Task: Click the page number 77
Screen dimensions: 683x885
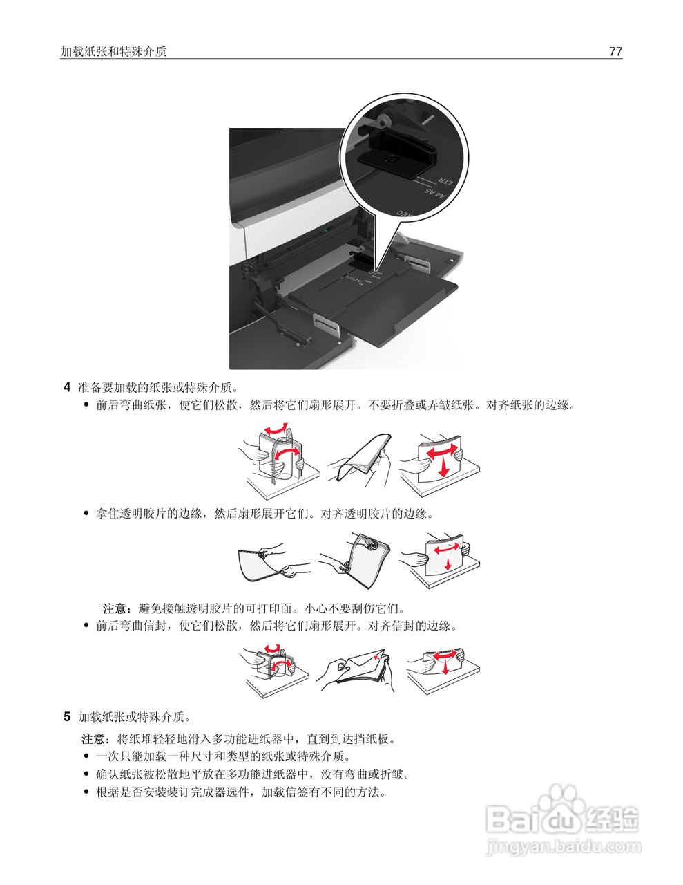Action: (615, 51)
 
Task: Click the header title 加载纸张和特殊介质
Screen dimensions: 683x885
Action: (113, 51)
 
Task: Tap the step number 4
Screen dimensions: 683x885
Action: (67, 387)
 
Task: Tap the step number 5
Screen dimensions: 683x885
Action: (67, 716)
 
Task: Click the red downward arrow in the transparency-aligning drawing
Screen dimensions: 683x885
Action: (448, 564)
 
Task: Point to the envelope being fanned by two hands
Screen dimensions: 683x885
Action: (360, 667)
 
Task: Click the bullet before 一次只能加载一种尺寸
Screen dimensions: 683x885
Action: (86, 756)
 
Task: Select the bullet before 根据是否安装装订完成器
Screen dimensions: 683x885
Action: (86, 792)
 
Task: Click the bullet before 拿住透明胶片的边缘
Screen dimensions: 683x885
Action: (86, 514)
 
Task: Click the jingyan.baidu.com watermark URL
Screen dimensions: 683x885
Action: (564, 847)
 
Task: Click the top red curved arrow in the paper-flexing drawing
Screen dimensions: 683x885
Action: (276, 429)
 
